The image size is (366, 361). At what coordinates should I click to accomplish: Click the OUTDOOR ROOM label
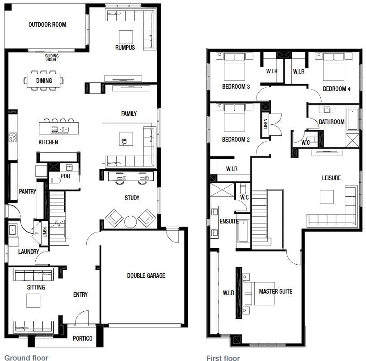click(48, 24)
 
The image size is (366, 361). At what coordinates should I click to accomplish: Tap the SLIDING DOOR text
click(52, 57)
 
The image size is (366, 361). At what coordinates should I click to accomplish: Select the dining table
click(43, 81)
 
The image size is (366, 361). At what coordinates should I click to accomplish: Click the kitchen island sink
click(60, 129)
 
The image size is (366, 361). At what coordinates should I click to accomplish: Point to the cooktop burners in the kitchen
click(12, 137)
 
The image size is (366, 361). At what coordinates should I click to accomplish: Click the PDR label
click(65, 176)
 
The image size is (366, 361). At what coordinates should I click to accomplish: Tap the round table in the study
click(130, 222)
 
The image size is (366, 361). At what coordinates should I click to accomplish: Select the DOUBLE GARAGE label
click(146, 275)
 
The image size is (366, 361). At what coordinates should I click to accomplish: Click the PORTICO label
click(83, 338)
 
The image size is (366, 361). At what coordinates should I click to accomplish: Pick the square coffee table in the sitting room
click(33, 300)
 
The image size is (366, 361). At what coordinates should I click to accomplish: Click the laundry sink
click(12, 230)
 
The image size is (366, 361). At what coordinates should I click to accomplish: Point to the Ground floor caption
click(26, 358)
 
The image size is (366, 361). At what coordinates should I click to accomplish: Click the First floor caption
click(223, 358)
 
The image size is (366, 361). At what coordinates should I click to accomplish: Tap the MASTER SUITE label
click(276, 291)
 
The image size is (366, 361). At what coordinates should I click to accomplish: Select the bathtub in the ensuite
click(243, 231)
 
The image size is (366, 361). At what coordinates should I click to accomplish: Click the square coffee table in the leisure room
click(327, 197)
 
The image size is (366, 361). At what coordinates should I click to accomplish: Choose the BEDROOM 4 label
click(337, 89)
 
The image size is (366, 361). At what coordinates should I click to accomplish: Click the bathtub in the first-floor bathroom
click(352, 119)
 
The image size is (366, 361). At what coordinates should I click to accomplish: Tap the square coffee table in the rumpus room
click(126, 37)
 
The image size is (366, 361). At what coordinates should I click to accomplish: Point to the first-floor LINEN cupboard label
click(266, 123)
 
